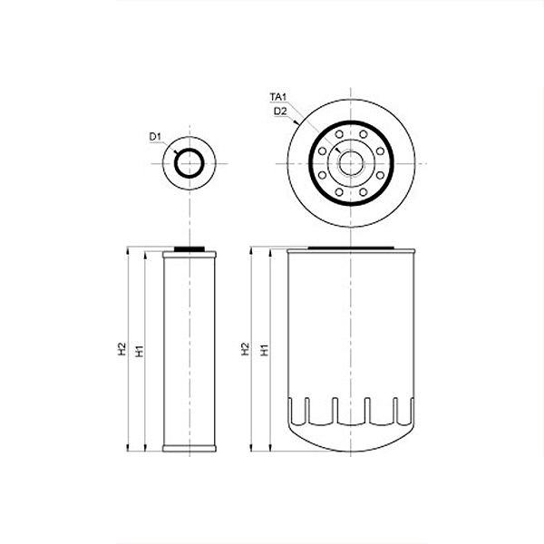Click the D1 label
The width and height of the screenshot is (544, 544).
[155, 137]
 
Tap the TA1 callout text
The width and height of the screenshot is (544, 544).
[278, 97]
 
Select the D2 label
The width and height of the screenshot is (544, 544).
[280, 112]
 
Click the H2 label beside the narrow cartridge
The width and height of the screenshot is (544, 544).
[121, 349]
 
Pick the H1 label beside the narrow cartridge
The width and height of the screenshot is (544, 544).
[140, 351]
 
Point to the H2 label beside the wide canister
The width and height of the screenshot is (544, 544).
[246, 349]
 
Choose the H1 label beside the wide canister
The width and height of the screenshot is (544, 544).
[265, 350]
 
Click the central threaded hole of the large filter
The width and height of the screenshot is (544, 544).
[350, 163]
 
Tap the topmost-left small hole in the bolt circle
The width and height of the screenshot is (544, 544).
[339, 134]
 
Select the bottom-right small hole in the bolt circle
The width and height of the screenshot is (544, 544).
[363, 192]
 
